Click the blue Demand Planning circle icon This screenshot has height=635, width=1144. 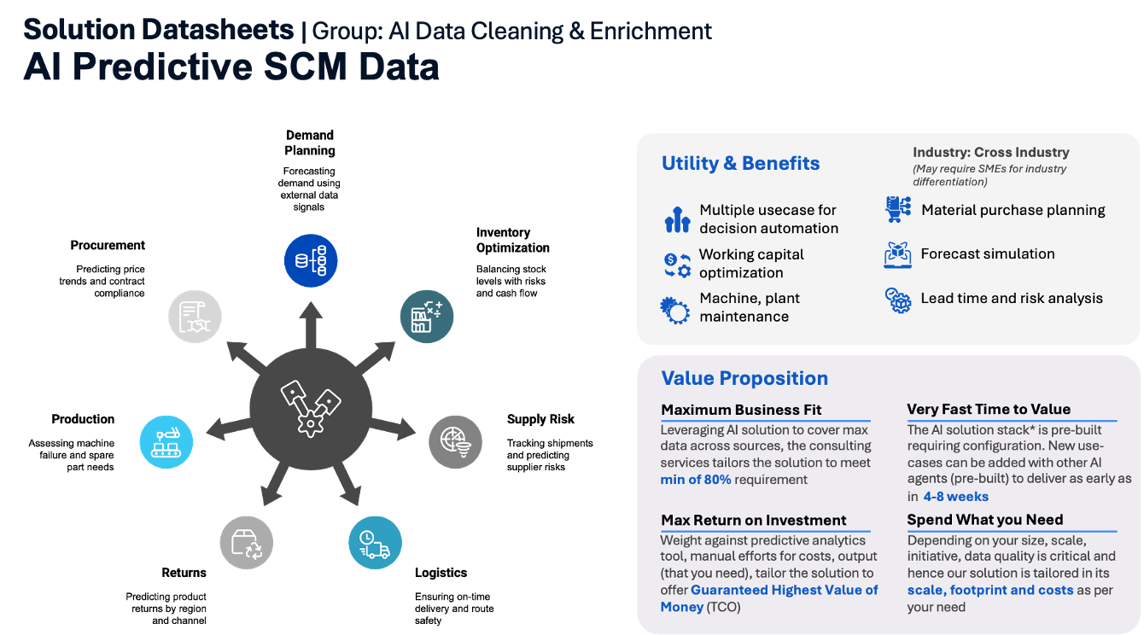pyautogui.click(x=311, y=260)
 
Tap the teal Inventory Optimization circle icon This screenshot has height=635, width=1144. pyautogui.click(x=427, y=317)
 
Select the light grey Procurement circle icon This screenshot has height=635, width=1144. pyautogui.click(x=196, y=317)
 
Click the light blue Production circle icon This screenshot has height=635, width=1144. pyautogui.click(x=166, y=442)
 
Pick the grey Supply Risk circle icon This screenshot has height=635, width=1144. pyautogui.click(x=456, y=442)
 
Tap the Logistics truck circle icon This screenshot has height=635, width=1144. pyautogui.click(x=376, y=543)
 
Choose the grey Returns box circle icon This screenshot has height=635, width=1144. pyautogui.click(x=247, y=543)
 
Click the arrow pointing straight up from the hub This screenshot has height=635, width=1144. pyautogui.click(x=311, y=325)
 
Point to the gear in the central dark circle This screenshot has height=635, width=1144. pyautogui.click(x=310, y=423)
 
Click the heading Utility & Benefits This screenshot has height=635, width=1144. pyautogui.click(x=740, y=163)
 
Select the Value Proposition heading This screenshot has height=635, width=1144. pyautogui.click(x=744, y=378)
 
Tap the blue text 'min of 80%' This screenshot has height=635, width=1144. pyautogui.click(x=696, y=480)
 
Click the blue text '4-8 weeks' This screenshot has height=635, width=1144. pyautogui.click(x=955, y=497)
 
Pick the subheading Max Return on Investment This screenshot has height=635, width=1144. pyautogui.click(x=754, y=520)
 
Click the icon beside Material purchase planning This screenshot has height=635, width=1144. pyautogui.click(x=898, y=209)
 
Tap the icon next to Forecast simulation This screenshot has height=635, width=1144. pyautogui.click(x=898, y=254)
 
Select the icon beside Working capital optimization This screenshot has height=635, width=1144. pyautogui.click(x=677, y=265)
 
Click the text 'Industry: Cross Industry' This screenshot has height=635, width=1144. pyautogui.click(x=991, y=152)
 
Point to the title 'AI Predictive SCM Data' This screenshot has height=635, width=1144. pyautogui.click(x=231, y=67)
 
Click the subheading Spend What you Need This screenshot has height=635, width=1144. pyautogui.click(x=984, y=520)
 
